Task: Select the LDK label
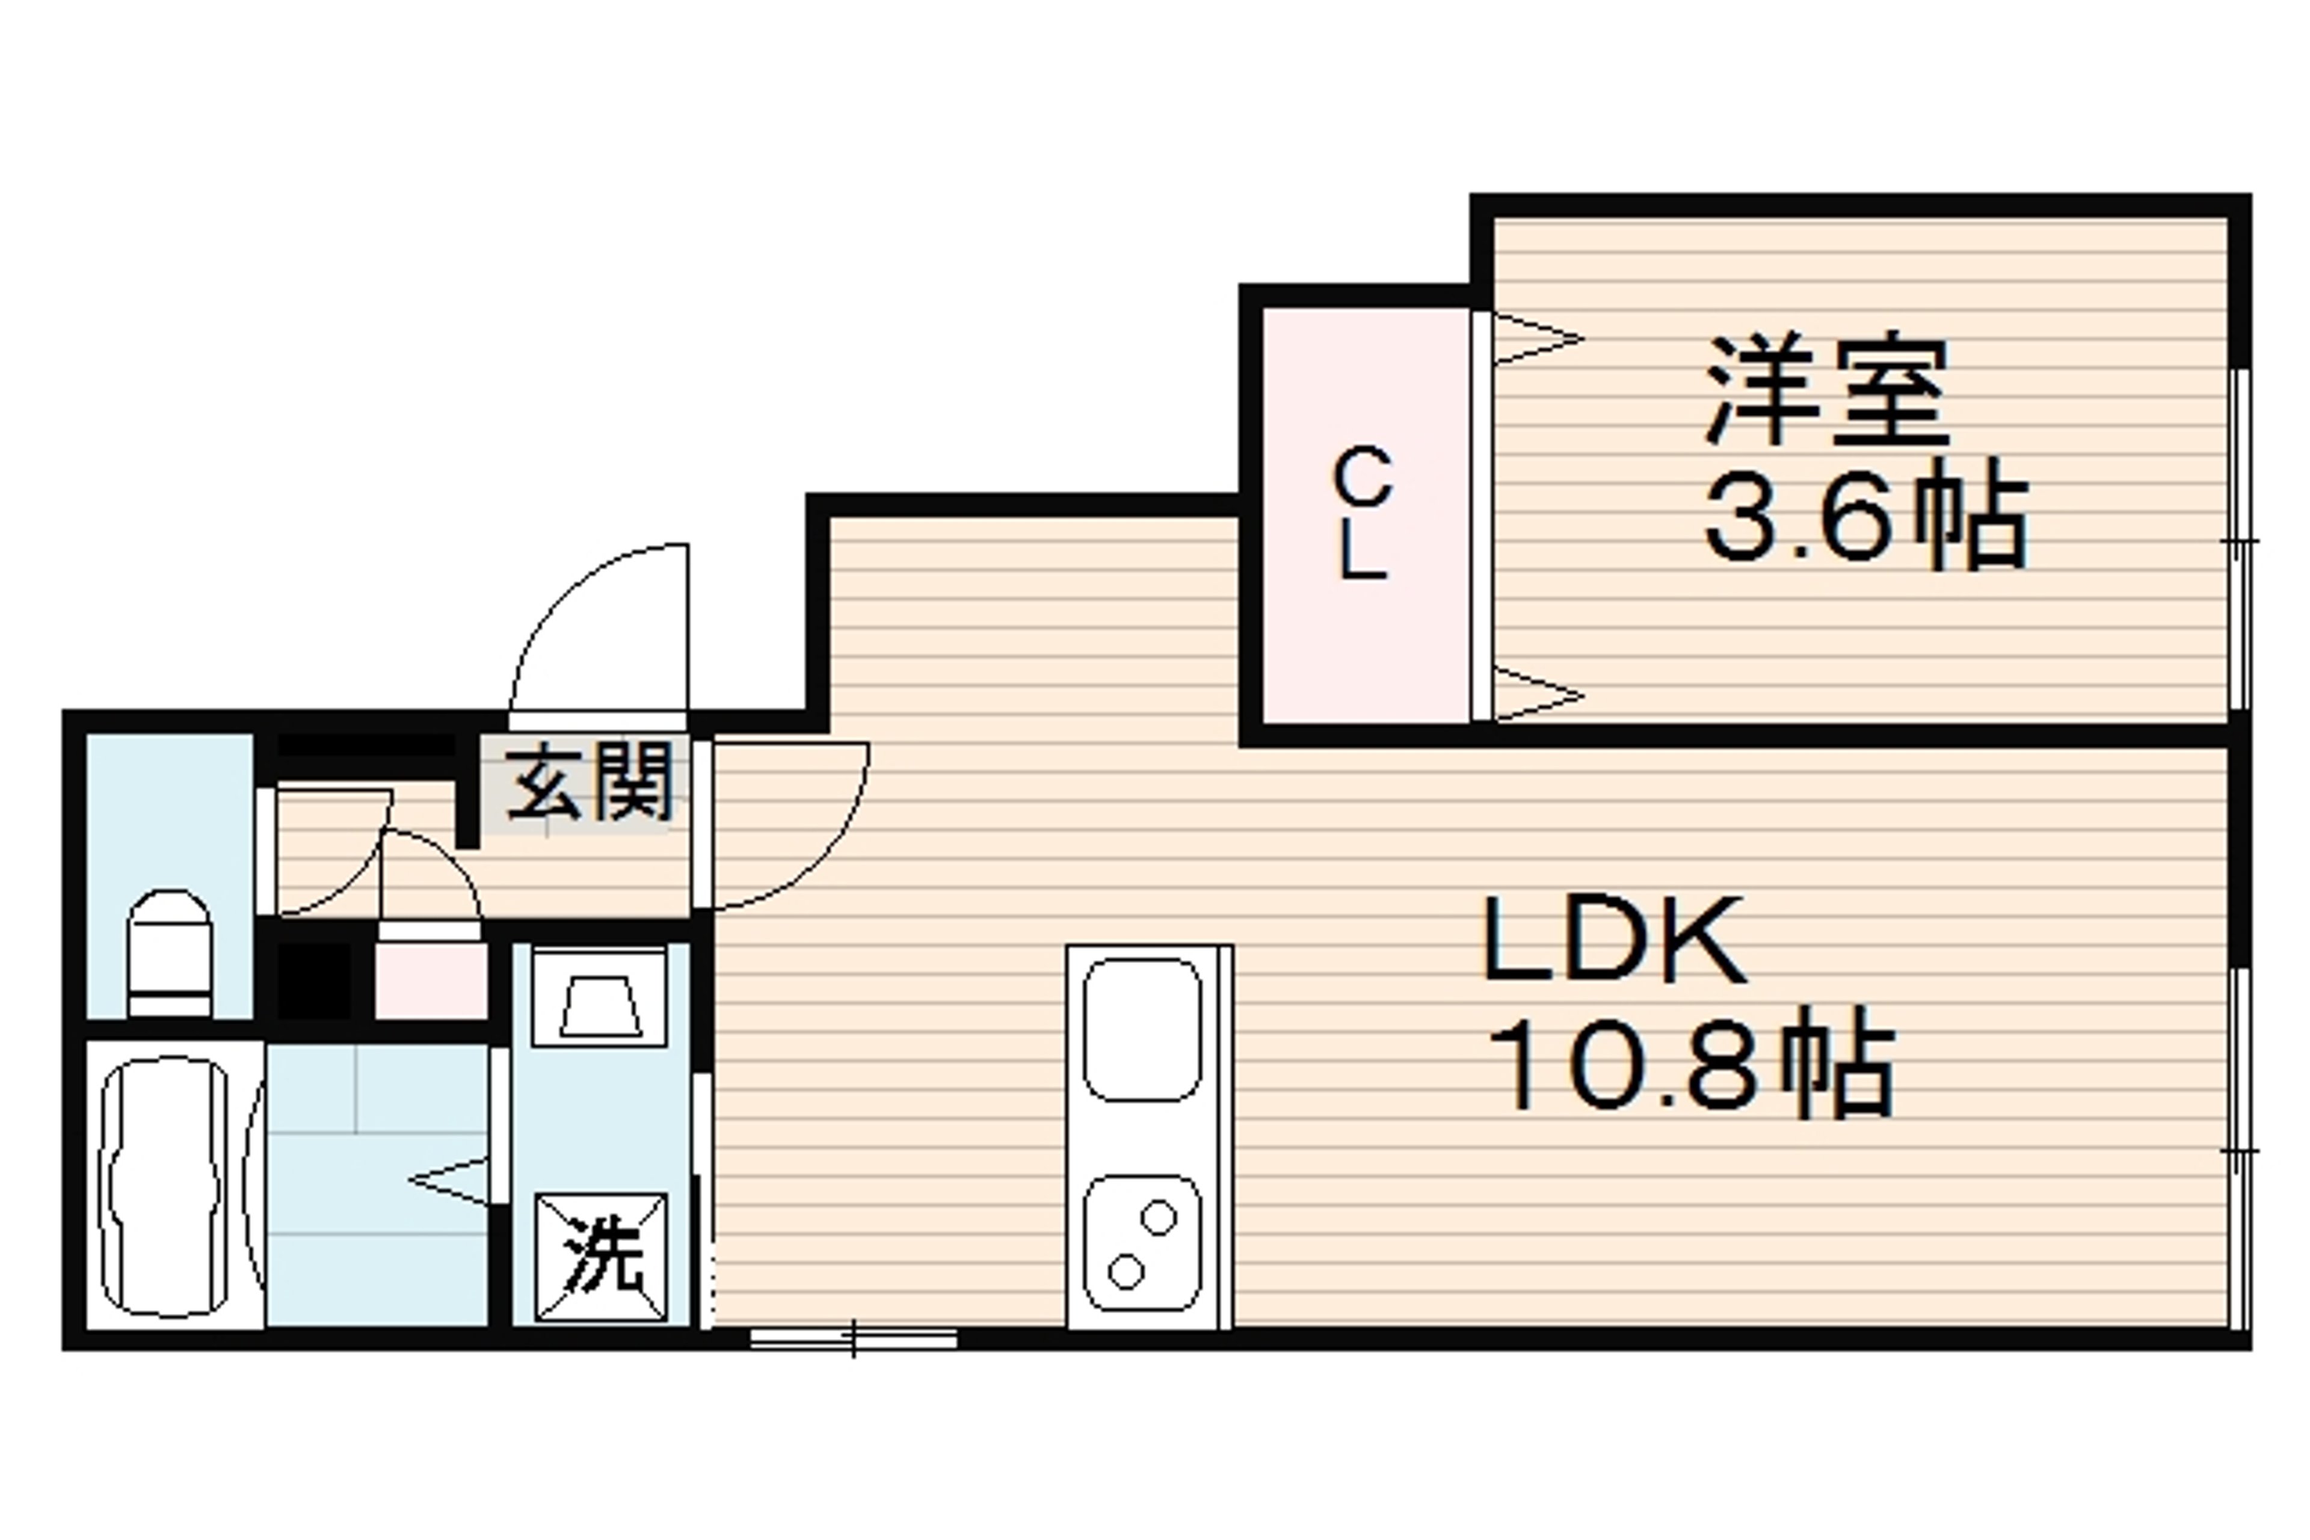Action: click(x=1615, y=939)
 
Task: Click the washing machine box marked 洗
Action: click(x=600, y=1257)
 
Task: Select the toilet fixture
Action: click(x=169, y=953)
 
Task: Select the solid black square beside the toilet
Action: click(x=314, y=980)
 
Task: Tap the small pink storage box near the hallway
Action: click(x=431, y=980)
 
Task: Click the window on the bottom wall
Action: click(x=854, y=1338)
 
